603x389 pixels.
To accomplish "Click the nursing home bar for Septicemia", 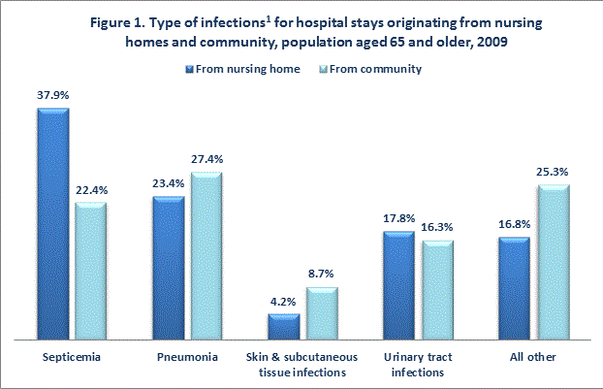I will (x=52, y=223).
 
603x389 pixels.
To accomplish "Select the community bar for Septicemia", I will (x=90, y=272).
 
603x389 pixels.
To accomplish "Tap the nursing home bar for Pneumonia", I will (x=168, y=268).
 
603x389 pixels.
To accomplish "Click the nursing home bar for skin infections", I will (x=283, y=326).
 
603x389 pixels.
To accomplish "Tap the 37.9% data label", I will (x=53, y=94).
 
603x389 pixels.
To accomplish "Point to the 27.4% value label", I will (x=206, y=158).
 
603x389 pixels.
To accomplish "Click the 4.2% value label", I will (x=283, y=300).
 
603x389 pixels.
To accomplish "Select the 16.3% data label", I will (x=436, y=226).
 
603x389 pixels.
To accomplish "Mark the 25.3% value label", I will (x=552, y=171).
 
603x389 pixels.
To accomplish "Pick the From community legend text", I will (x=376, y=69).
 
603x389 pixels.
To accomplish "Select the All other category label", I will (x=533, y=357).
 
